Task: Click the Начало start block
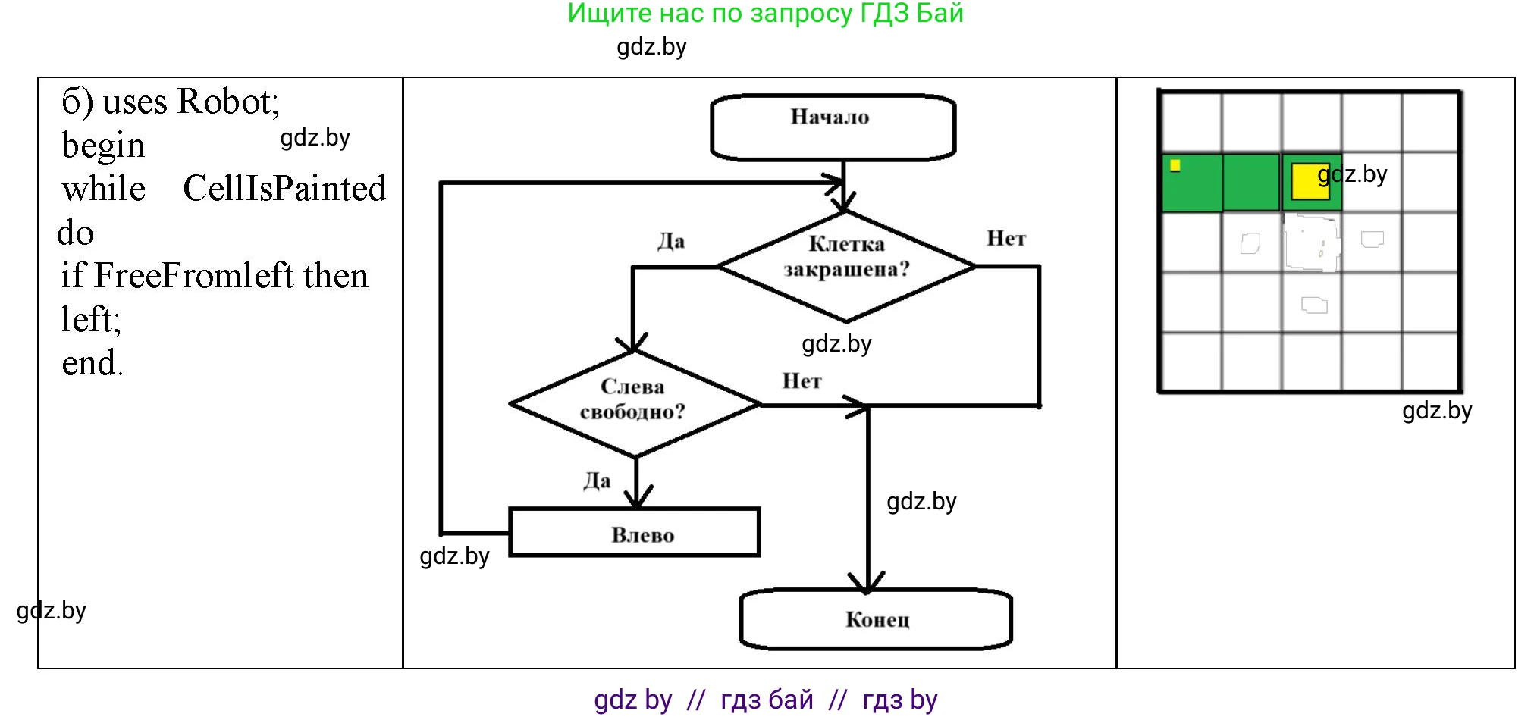pos(832,127)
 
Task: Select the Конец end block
pos(876,619)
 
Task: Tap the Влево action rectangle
pos(635,533)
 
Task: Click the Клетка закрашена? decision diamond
pos(846,265)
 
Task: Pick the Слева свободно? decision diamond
pos(635,403)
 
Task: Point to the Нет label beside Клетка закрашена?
pos(1005,239)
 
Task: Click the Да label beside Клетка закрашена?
pos(671,241)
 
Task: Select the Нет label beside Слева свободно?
pos(802,380)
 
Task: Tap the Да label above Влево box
pos(597,481)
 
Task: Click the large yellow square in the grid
pos(1310,182)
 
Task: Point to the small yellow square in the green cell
pos(1175,165)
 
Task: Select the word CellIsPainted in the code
pos(284,188)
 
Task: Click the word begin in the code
pos(103,146)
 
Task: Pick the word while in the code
pos(104,189)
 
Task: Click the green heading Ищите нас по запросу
pos(765,14)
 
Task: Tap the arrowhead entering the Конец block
pos(867,584)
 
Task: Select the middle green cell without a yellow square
pos(1251,183)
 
